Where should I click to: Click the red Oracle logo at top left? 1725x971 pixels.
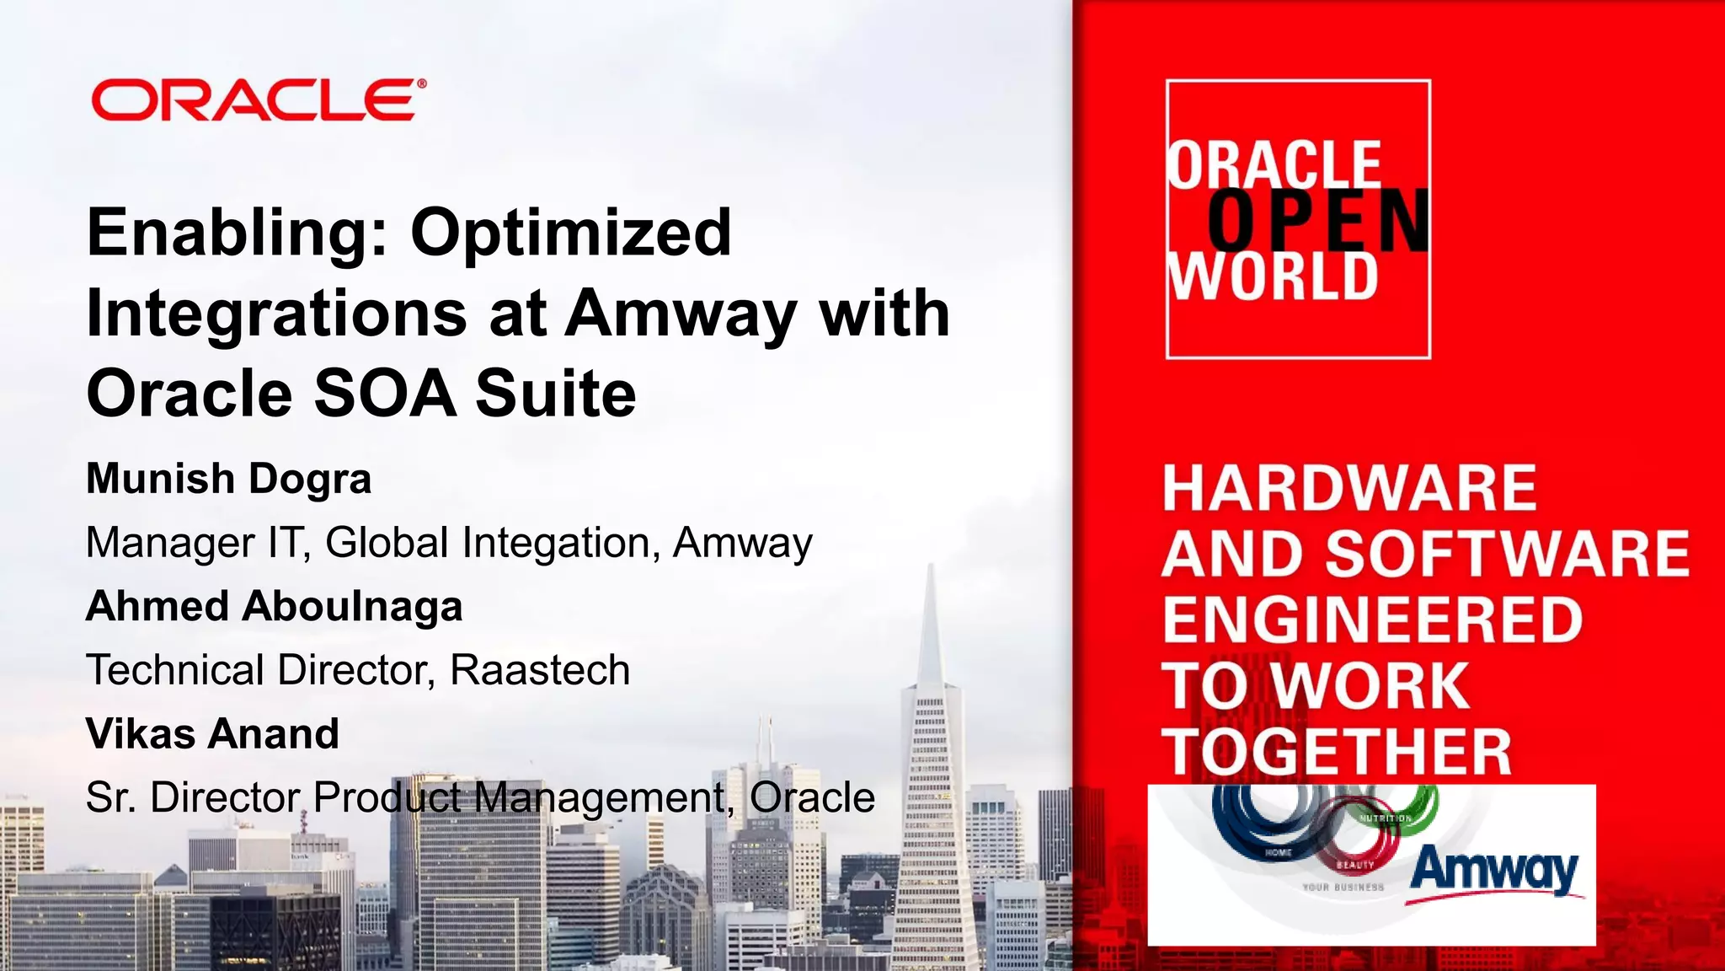point(258,100)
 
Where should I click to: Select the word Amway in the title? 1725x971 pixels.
point(681,314)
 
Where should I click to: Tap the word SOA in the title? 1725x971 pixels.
point(385,394)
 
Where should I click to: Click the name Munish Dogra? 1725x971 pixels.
point(228,479)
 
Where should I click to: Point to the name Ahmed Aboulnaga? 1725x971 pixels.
point(274,606)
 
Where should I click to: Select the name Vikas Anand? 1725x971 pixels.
point(212,733)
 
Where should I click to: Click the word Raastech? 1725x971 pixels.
point(539,670)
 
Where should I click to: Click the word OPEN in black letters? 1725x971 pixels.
point(1318,221)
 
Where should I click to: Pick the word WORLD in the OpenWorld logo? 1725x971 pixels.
point(1273,277)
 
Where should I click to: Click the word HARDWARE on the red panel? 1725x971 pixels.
point(1348,488)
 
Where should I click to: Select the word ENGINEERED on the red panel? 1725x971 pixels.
point(1372,620)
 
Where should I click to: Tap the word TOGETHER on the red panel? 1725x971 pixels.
point(1337,752)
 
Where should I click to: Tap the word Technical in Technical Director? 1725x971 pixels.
point(175,670)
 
